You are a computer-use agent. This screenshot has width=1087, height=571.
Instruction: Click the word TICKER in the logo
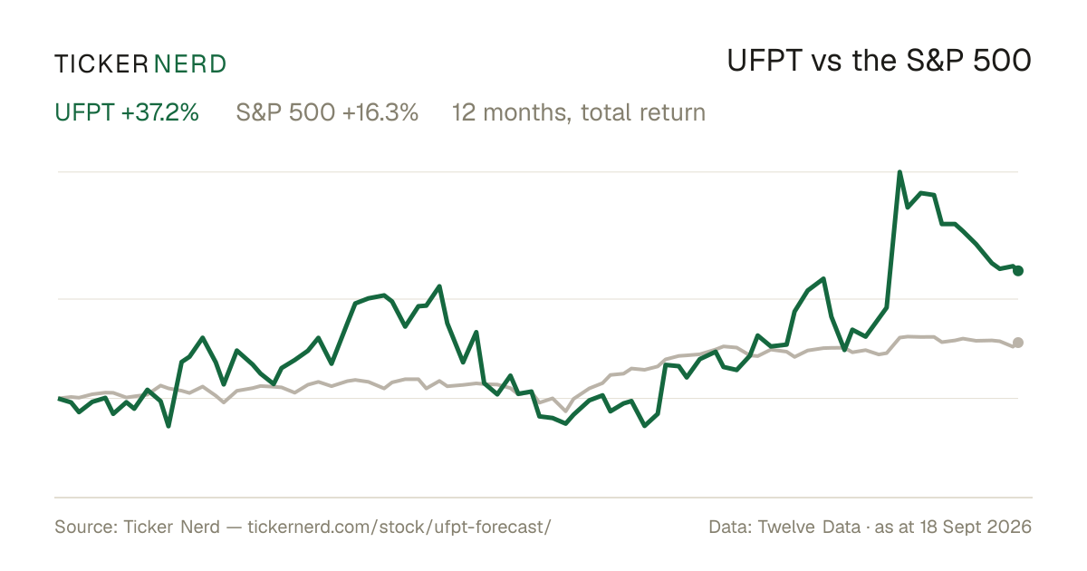pyautogui.click(x=101, y=64)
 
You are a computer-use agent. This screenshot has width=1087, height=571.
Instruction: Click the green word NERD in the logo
pyautogui.click(x=190, y=64)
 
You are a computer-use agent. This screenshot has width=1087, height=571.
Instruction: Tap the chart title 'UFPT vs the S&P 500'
pyautogui.click(x=879, y=61)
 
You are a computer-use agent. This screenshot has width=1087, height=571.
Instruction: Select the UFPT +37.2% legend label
pyautogui.click(x=127, y=112)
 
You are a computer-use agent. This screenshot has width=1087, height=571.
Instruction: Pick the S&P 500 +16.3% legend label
pyautogui.click(x=327, y=112)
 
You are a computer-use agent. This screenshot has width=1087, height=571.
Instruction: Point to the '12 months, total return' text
pyautogui.click(x=579, y=112)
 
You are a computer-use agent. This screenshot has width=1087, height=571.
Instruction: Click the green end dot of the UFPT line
pyautogui.click(x=1018, y=271)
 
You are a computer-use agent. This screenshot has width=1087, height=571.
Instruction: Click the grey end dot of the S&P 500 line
pyautogui.click(x=1018, y=343)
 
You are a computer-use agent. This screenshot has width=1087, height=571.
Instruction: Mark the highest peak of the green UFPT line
pyautogui.click(x=899, y=172)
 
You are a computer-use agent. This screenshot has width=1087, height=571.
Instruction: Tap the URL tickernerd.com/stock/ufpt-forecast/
pyautogui.click(x=399, y=527)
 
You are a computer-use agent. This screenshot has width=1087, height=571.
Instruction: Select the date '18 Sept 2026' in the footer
pyautogui.click(x=976, y=527)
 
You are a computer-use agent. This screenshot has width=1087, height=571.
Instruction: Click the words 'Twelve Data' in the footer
pyautogui.click(x=810, y=527)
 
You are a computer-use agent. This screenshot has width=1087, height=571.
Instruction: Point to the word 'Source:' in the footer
pyautogui.click(x=86, y=527)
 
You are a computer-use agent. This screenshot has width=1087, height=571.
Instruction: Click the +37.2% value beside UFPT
pyautogui.click(x=160, y=112)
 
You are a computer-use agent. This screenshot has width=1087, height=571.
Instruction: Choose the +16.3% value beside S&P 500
pyautogui.click(x=380, y=112)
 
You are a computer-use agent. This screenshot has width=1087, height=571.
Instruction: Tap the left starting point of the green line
pyautogui.click(x=59, y=399)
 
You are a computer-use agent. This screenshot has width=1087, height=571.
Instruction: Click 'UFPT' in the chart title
pyautogui.click(x=765, y=61)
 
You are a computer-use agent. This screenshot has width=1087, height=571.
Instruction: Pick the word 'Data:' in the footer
pyautogui.click(x=730, y=527)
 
